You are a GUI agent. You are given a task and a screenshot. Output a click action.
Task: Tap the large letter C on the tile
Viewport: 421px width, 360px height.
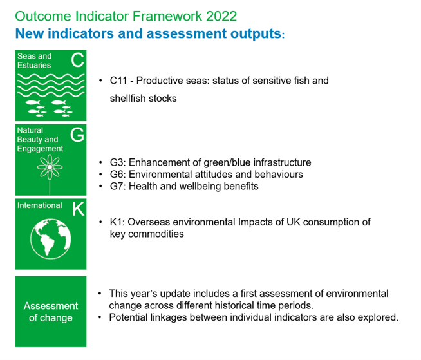[77, 61]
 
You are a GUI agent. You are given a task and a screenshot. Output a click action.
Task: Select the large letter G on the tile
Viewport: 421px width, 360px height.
[77, 135]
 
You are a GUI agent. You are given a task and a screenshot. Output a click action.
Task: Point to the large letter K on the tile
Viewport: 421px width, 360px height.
[77, 209]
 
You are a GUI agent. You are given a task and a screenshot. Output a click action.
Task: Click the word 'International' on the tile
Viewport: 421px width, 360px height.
[40, 205]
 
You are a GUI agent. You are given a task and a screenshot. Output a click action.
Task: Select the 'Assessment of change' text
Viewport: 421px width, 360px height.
[51, 312]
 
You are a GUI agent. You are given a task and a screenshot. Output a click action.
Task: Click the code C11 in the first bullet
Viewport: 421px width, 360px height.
[119, 81]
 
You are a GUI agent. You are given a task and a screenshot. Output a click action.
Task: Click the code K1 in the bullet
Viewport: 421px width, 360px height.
[117, 222]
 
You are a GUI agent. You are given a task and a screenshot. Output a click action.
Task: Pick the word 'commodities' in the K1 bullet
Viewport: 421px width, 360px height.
[156, 234]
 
